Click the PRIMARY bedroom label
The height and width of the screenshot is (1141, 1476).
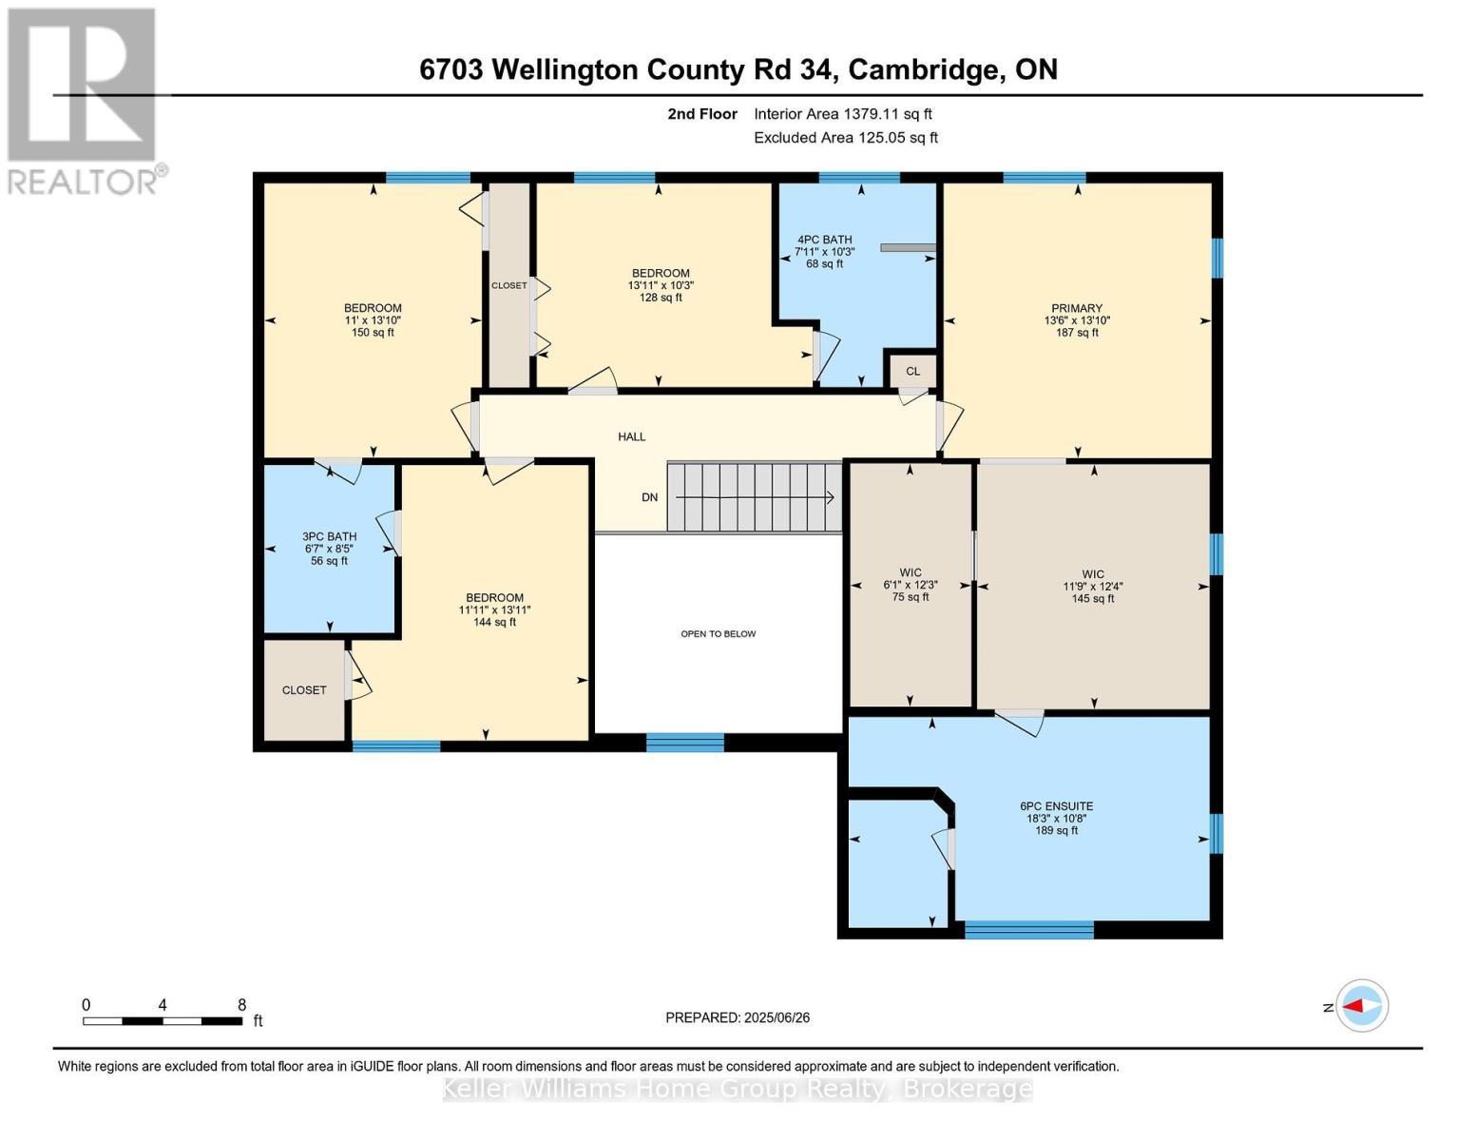(x=1076, y=308)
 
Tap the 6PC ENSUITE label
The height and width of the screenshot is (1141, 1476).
(x=1056, y=806)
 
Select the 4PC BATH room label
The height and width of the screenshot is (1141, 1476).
(x=824, y=240)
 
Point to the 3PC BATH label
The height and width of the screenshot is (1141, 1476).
(x=329, y=536)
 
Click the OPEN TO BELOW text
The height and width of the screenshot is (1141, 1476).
(x=718, y=634)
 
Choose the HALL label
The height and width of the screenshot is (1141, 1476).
(x=631, y=437)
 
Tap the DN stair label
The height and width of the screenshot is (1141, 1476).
(x=649, y=497)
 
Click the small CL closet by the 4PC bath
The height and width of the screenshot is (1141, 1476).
(x=912, y=372)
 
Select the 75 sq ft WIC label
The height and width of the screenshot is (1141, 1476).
(x=910, y=597)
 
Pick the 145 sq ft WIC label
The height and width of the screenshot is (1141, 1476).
(x=1092, y=598)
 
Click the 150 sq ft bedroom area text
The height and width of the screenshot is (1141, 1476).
(x=373, y=333)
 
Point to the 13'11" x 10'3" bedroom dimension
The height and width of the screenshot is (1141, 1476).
(x=661, y=285)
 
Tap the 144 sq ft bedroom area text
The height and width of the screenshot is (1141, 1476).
(x=494, y=623)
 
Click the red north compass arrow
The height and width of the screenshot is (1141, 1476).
(x=1362, y=1006)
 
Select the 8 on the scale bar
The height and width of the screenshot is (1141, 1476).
(x=241, y=1005)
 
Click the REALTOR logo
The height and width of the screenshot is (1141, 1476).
(x=84, y=100)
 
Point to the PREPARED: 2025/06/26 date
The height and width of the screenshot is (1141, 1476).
(x=738, y=1017)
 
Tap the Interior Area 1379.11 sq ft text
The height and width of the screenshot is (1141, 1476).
(x=842, y=114)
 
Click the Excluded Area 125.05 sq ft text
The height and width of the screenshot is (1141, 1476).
(x=845, y=138)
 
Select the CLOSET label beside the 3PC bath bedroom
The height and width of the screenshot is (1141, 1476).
(x=304, y=690)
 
